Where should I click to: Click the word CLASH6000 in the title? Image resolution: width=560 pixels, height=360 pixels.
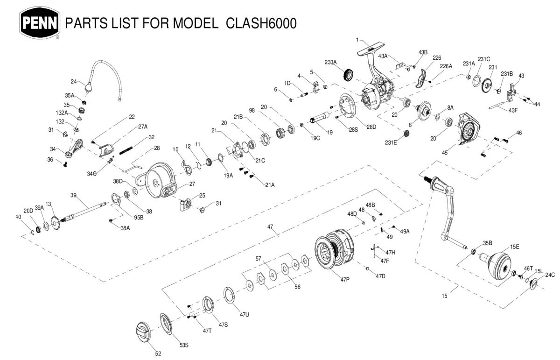(261, 23)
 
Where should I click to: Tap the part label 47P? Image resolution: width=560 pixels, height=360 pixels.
(345, 280)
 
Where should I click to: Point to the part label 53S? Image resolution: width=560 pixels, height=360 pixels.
(184, 345)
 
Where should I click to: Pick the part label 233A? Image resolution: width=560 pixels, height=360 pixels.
(330, 62)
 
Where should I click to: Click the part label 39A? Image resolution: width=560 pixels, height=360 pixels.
(39, 208)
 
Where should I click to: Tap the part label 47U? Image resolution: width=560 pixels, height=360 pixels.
(245, 315)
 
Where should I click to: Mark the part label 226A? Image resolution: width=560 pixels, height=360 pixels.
(446, 67)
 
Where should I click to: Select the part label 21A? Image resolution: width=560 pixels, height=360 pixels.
(269, 185)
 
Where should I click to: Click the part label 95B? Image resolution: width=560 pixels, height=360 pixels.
(139, 217)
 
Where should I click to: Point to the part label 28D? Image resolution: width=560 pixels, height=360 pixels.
(371, 127)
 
